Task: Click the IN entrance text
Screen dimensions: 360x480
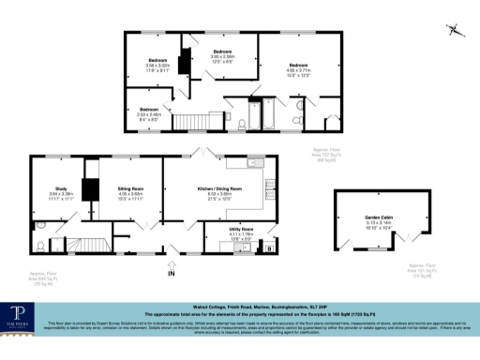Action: (172, 275)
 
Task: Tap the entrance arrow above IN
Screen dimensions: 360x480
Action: (172, 264)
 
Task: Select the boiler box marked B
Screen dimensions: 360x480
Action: (271, 247)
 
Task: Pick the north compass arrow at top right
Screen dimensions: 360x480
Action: (455, 30)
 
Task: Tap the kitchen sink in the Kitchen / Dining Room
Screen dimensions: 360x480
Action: (253, 163)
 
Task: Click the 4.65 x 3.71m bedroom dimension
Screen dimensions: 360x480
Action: (298, 69)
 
